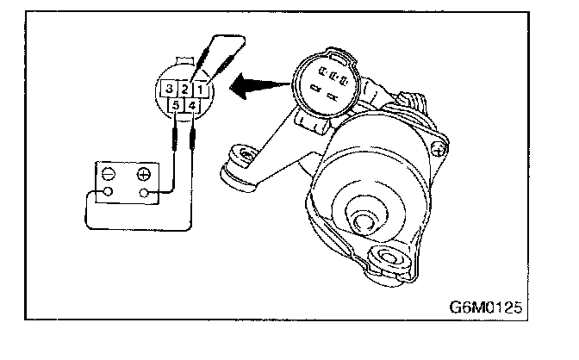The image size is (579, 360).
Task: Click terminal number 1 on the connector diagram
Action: (x=200, y=88)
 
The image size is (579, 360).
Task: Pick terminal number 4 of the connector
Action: (x=194, y=105)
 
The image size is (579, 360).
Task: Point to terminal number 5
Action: (x=177, y=106)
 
